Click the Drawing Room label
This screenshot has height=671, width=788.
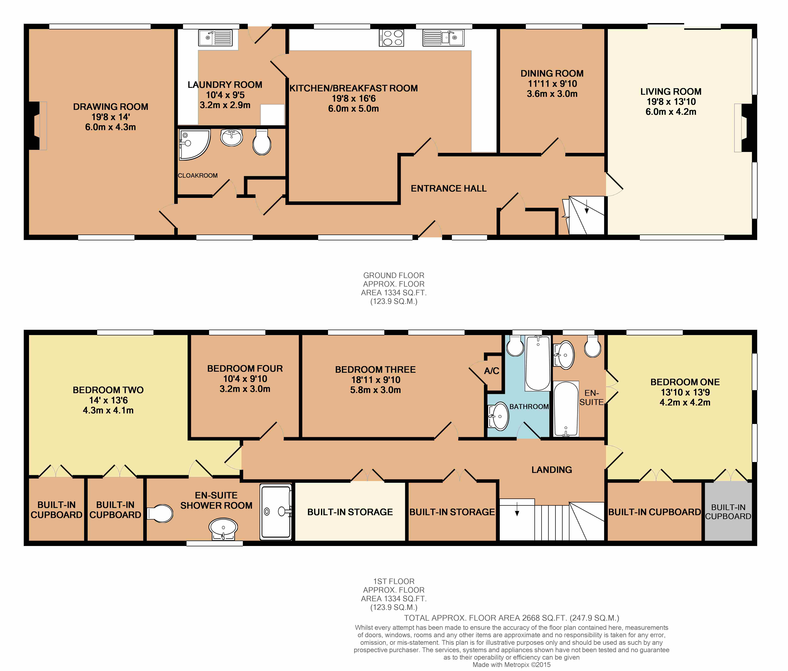coord(111,107)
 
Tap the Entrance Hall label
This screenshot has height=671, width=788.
coord(449,189)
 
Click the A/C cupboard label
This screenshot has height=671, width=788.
coord(491,371)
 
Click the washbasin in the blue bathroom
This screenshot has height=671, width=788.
coord(499,416)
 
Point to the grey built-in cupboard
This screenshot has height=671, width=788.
coord(728,512)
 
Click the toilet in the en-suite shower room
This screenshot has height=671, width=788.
coord(160,514)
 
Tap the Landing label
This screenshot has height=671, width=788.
coord(551,470)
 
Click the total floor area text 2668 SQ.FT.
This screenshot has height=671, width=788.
coord(511,618)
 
